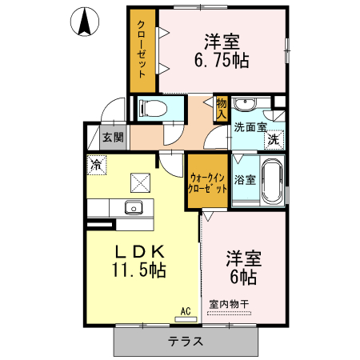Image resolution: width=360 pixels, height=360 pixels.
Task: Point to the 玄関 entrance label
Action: [x=114, y=137]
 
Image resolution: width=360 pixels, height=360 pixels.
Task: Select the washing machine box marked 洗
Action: [x=274, y=138]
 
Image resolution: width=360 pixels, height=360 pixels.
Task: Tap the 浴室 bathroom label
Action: [x=245, y=180]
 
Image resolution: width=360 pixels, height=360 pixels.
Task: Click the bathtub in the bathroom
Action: [x=272, y=182]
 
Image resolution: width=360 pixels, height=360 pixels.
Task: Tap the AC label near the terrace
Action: [x=184, y=311]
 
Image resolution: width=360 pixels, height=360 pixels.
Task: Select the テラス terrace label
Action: [x=185, y=340]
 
